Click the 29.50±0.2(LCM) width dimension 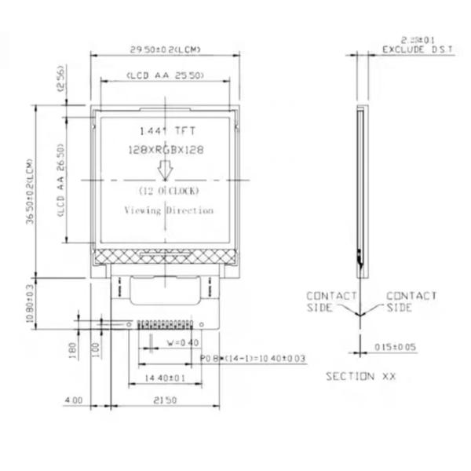point(165,49)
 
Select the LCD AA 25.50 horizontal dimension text point(165,75)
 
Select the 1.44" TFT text point(165,131)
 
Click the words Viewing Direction point(169,210)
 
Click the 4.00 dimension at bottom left point(73,400)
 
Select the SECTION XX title point(361,377)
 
